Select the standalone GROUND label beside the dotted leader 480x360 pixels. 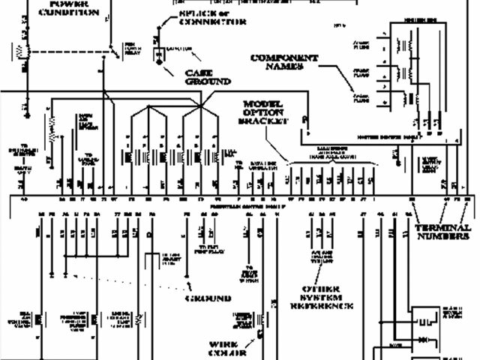tap(208, 298)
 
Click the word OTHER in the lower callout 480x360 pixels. tap(321, 289)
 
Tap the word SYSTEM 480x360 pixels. tap(321, 297)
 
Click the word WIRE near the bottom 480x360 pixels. tap(223, 345)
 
